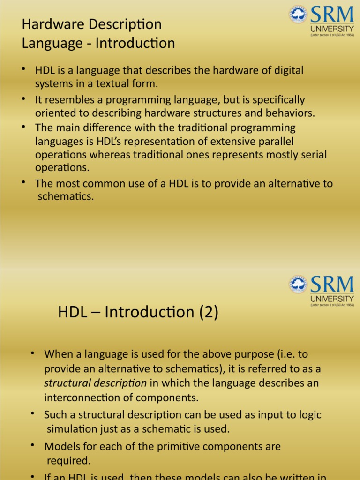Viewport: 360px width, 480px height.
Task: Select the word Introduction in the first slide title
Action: [x=135, y=44]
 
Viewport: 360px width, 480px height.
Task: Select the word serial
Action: [x=313, y=155]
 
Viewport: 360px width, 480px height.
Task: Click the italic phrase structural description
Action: [x=95, y=383]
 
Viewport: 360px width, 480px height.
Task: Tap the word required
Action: [x=68, y=461]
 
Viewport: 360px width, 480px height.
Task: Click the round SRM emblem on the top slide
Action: [x=298, y=15]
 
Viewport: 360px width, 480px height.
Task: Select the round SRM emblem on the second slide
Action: [x=298, y=284]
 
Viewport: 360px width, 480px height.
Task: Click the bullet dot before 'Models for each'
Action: [x=32, y=444]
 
